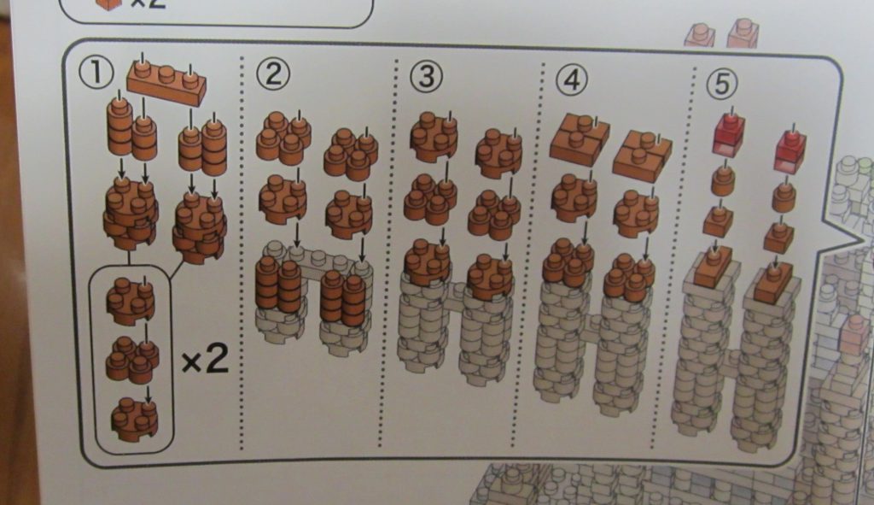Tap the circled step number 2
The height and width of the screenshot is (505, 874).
(273, 73)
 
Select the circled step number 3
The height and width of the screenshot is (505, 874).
(427, 76)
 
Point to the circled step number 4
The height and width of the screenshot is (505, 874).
(571, 79)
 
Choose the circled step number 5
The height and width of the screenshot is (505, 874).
(721, 84)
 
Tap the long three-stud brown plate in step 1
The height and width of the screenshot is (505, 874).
(166, 82)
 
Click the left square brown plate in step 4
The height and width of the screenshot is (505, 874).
(580, 136)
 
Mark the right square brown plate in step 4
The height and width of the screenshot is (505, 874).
(642, 152)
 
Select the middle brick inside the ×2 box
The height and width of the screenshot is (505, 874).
(132, 358)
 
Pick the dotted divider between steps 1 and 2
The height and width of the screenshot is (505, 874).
(242, 253)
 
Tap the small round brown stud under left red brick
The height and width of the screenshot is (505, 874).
(723, 180)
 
